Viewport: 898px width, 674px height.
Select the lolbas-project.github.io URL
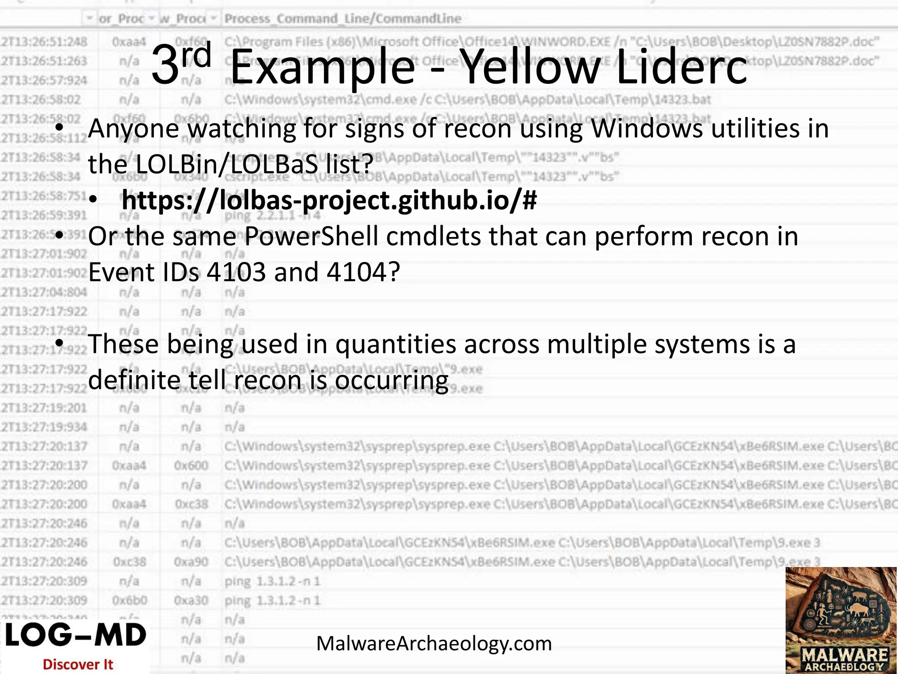(329, 200)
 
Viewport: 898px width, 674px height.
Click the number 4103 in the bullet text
(236, 272)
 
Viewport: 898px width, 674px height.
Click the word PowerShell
(311, 237)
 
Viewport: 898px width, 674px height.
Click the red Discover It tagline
(78, 664)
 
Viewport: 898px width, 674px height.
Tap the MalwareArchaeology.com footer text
(434, 644)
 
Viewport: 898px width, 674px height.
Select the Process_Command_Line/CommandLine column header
(343, 19)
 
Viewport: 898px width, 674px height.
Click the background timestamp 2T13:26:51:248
(44, 42)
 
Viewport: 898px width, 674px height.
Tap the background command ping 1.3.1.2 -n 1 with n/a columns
(272, 581)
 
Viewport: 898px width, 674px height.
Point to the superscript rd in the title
(197, 54)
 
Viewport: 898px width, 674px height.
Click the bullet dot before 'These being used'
(60, 342)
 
